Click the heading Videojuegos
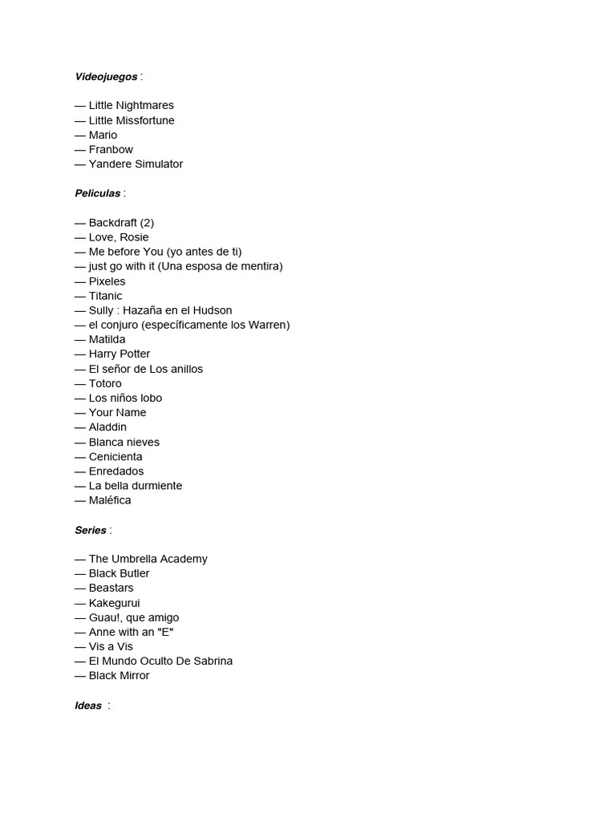click(x=106, y=76)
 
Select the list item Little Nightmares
click(x=131, y=105)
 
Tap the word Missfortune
click(x=145, y=120)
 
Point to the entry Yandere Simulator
click(x=136, y=164)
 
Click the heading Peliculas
click(x=98, y=193)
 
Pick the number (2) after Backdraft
click(x=147, y=222)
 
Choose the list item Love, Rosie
click(x=119, y=237)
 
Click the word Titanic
click(x=106, y=296)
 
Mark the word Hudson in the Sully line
click(x=213, y=310)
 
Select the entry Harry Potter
click(x=120, y=354)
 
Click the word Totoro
click(x=105, y=383)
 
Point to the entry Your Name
click(x=118, y=412)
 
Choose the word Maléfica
click(x=110, y=500)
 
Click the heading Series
click(x=91, y=530)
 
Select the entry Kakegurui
click(x=115, y=603)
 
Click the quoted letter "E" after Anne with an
click(x=166, y=632)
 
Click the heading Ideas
click(x=88, y=706)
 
